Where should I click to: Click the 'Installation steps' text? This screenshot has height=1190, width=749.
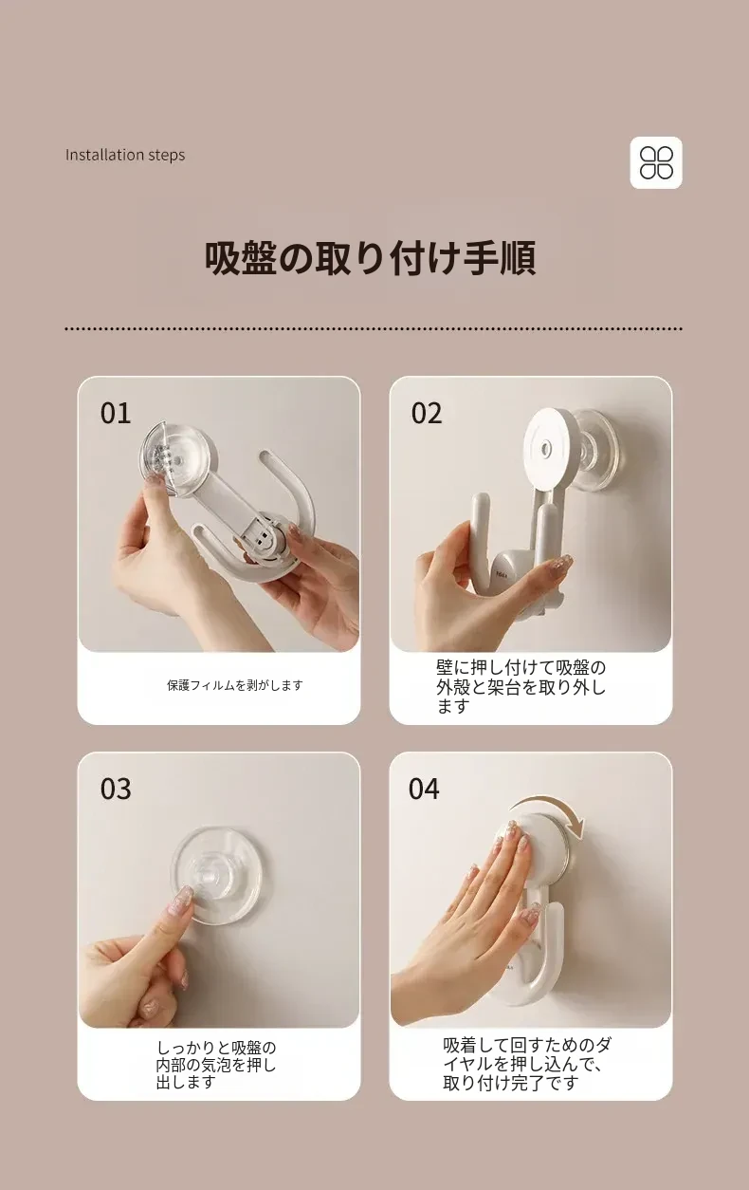pos(125,155)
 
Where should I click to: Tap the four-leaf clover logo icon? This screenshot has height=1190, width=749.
pos(656,162)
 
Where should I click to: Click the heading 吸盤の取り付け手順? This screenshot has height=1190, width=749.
pos(370,259)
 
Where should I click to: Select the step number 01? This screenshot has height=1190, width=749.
pos(116,414)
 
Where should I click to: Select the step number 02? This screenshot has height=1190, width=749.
pos(427,414)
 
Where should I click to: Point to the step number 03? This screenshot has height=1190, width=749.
pos(116,789)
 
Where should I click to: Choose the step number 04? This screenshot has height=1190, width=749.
pos(424,789)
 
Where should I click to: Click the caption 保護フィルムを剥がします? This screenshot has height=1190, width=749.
pos(235,685)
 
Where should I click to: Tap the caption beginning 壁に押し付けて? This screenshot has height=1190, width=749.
pos(521,686)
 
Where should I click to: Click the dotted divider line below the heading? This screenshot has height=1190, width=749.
pos(374,329)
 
